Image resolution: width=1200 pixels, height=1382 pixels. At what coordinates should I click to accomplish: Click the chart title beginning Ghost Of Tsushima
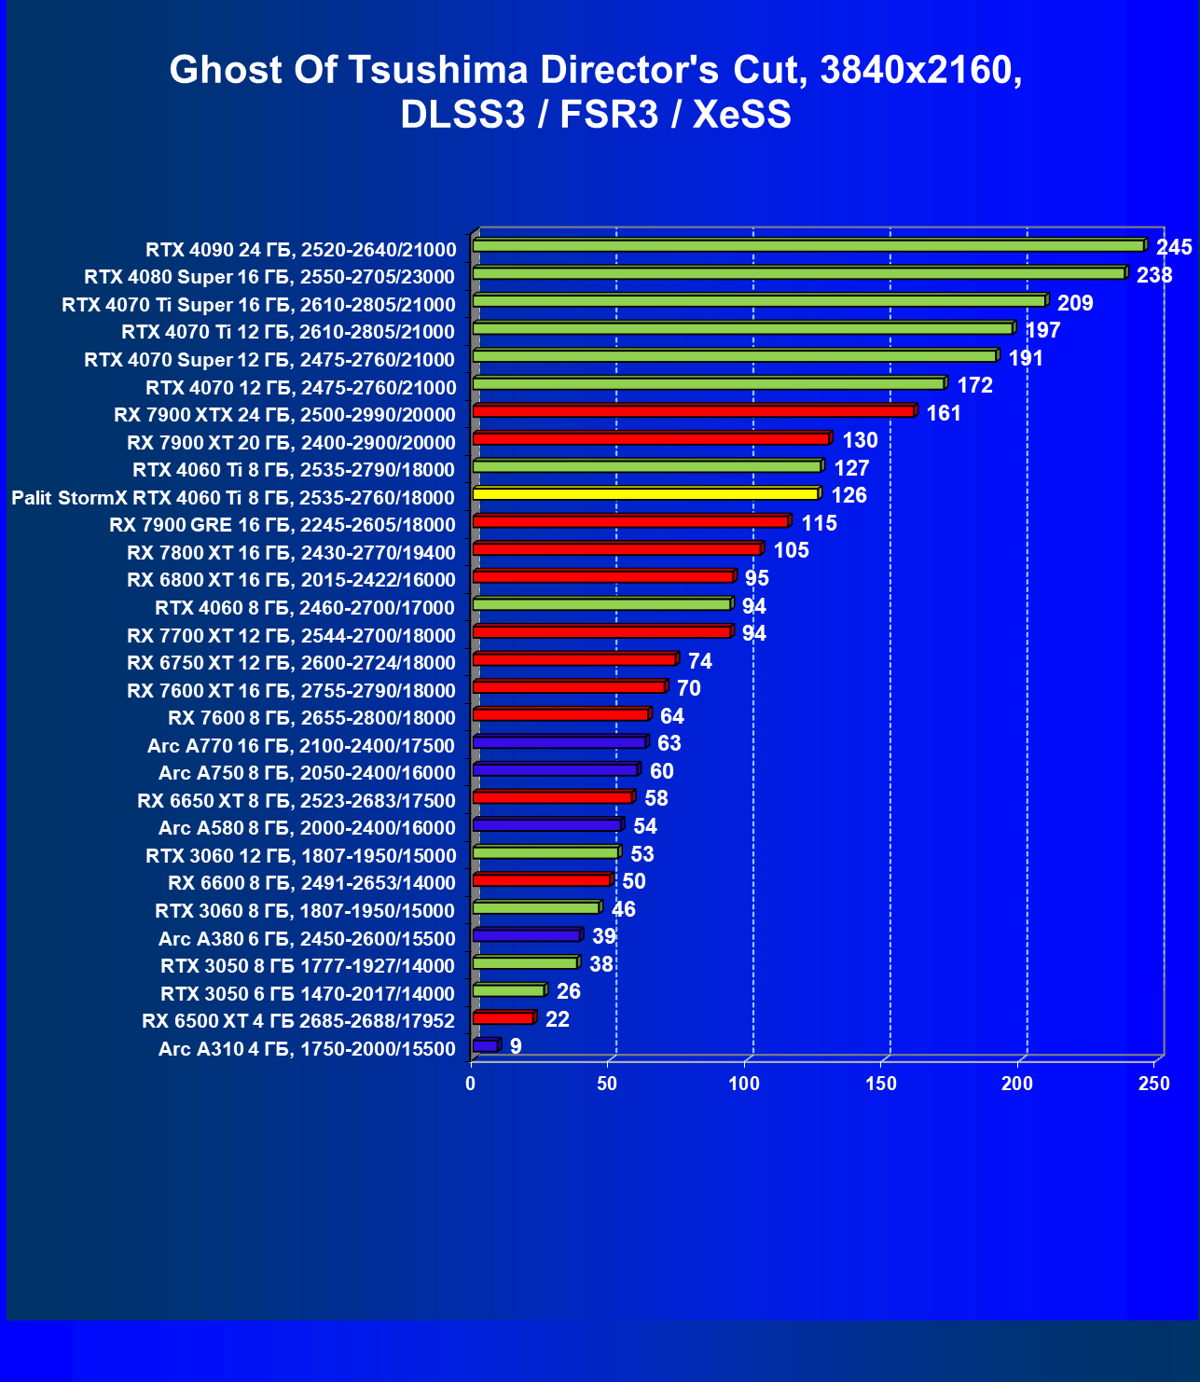tap(596, 91)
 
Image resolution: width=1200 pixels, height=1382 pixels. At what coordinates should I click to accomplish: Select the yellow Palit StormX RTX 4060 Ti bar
tap(645, 494)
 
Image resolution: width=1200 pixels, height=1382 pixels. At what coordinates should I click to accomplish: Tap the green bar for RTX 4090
tap(807, 246)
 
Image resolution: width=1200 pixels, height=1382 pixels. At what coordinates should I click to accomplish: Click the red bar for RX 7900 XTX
tap(693, 411)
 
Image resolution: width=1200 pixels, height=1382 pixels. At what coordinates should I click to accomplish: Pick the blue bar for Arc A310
tap(486, 1045)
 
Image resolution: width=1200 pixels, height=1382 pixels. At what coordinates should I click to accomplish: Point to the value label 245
tap(1174, 247)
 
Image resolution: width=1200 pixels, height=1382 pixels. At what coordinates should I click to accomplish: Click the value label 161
tap(944, 413)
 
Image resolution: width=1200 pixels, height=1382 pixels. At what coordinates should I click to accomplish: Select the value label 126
tap(848, 495)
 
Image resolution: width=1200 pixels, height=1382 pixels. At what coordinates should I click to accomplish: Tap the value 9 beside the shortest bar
tap(516, 1046)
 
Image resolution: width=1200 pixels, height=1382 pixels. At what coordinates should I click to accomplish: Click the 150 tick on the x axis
tap(881, 1084)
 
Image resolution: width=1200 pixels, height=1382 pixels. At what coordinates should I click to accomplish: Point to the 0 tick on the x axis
tap(471, 1084)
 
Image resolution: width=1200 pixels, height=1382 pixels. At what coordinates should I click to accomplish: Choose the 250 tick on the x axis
tap(1154, 1084)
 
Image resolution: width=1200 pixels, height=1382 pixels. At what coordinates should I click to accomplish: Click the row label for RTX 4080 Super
tap(269, 277)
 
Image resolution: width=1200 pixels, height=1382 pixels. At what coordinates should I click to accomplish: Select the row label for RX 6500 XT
tap(298, 1021)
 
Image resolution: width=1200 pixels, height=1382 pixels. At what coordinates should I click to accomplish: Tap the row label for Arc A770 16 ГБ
tap(301, 746)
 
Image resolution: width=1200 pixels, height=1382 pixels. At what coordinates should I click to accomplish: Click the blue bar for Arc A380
tap(527, 935)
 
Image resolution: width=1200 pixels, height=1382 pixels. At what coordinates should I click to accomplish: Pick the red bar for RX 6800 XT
tap(603, 577)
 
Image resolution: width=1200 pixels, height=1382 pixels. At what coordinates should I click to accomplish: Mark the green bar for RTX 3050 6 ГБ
tap(508, 990)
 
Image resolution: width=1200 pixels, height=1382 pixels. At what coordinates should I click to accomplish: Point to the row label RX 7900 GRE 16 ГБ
tap(283, 525)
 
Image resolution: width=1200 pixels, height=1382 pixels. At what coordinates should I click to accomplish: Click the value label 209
tap(1075, 303)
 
